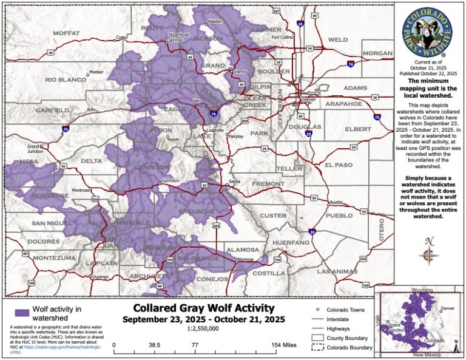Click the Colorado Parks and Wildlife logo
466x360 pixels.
(428, 30)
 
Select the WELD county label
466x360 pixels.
(338, 39)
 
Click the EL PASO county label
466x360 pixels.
(338, 165)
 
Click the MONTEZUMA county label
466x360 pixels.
(53, 258)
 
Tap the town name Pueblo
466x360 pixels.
(336, 202)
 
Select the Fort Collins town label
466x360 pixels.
(282, 37)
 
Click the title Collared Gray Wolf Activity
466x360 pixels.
(203, 308)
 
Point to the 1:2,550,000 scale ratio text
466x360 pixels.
(204, 329)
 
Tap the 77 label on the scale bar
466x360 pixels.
(195, 345)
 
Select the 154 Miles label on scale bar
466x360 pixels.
(284, 345)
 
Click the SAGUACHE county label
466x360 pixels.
(196, 211)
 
